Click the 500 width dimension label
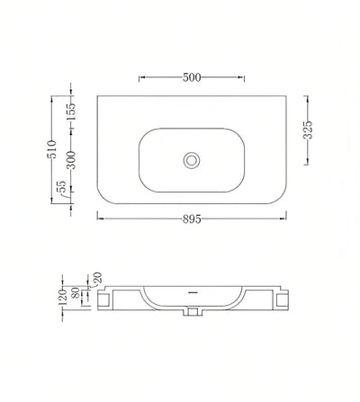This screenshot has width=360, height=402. pyautogui.click(x=191, y=77)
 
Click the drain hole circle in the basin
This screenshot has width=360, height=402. pyautogui.click(x=191, y=160)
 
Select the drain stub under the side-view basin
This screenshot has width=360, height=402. pyautogui.click(x=191, y=312)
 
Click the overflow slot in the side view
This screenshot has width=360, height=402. pyautogui.click(x=191, y=292)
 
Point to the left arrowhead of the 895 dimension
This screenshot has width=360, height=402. pyautogui.click(x=98, y=218)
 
